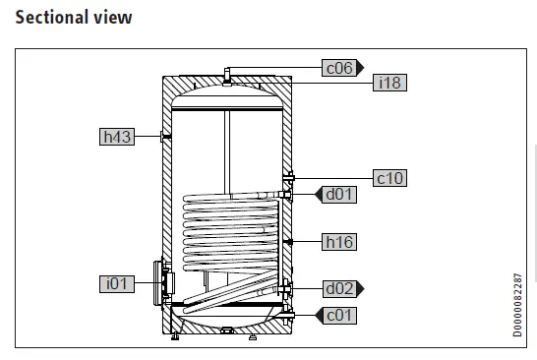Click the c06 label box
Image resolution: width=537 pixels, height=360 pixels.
coord(338,68)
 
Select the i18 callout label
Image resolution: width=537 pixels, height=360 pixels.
coord(390,84)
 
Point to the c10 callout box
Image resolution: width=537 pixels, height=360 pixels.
coord(390,178)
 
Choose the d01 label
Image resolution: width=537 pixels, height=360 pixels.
coord(340,194)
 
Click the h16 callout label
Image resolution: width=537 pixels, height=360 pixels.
coord(339,241)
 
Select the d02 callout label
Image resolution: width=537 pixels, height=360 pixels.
coord(339,288)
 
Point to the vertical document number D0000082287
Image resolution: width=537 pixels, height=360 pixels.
coord(518,305)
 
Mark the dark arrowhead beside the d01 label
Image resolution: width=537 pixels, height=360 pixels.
coord(319,194)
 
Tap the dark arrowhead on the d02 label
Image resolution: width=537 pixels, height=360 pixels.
coord(360,288)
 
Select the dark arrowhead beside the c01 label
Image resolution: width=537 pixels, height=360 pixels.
coord(319,315)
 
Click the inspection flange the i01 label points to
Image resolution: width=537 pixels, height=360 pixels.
coord(161,283)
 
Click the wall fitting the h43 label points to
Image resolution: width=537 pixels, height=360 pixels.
coord(163,137)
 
